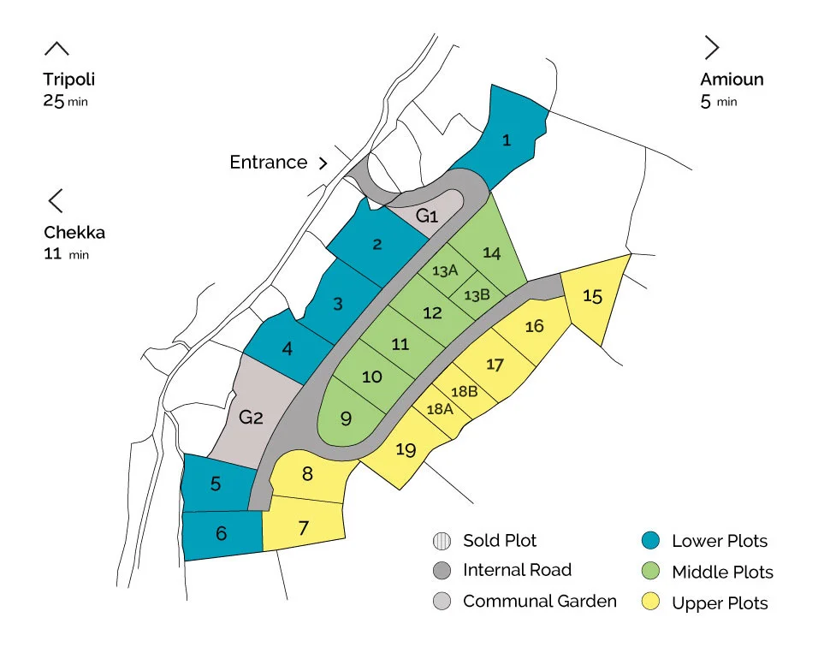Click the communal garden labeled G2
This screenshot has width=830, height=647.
tap(251, 418)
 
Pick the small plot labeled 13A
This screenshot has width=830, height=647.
tap(444, 271)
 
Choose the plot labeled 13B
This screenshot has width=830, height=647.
tap(477, 295)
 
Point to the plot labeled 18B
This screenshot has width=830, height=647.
tap(464, 392)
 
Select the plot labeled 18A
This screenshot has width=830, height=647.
tap(439, 409)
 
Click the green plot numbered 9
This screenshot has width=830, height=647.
tap(347, 418)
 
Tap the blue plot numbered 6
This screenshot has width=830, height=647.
tap(222, 534)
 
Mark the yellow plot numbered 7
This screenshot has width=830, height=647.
tap(304, 528)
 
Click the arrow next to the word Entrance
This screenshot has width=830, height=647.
tap(323, 163)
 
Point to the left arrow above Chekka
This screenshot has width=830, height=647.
tap(56, 201)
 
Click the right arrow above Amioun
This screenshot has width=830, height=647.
tap(711, 47)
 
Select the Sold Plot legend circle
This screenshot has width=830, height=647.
tap(441, 541)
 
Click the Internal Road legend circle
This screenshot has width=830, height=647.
tap(441, 571)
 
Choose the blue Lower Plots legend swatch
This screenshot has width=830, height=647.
tap(649, 541)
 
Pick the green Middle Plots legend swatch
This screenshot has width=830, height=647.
tap(649, 572)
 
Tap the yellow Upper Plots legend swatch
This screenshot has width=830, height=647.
tap(649, 602)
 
